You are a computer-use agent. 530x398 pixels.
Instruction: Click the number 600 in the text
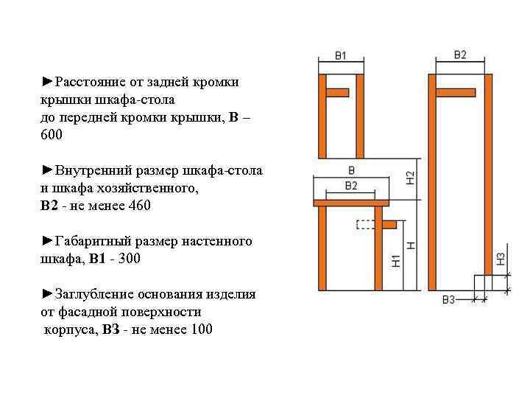click(52, 136)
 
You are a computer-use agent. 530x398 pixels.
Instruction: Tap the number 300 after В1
click(128, 259)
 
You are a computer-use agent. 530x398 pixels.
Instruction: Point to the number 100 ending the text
click(201, 329)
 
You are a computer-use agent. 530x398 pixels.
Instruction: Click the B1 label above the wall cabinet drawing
click(340, 55)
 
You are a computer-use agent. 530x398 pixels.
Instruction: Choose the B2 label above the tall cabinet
click(460, 55)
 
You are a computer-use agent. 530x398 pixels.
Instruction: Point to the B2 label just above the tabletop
click(351, 185)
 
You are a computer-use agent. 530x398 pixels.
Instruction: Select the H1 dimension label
click(395, 261)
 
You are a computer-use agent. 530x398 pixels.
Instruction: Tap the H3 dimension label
click(501, 259)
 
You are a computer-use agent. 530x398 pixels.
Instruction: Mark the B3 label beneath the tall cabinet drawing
click(448, 299)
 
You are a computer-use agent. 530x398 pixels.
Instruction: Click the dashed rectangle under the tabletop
click(364, 224)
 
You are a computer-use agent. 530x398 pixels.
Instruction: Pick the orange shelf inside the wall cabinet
click(336, 93)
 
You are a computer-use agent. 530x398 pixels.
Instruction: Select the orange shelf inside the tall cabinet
click(455, 92)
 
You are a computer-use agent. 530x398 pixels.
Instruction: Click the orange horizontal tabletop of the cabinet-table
click(351, 202)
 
